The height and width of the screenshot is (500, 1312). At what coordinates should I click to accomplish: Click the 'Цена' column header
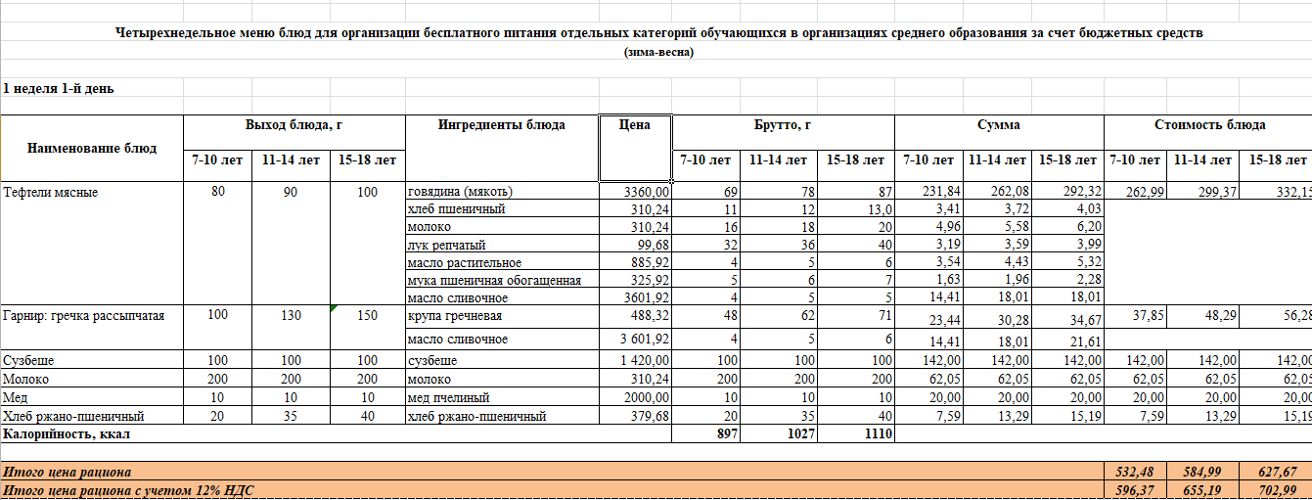pyautogui.click(x=635, y=125)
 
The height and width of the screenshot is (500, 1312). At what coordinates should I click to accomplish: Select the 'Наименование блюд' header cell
pyautogui.click(x=92, y=149)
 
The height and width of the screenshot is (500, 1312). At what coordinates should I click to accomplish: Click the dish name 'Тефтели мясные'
pyautogui.click(x=50, y=193)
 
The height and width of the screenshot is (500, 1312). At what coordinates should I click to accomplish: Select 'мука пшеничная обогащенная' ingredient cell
pyautogui.click(x=494, y=281)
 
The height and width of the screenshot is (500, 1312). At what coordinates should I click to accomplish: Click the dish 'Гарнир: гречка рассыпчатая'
pyautogui.click(x=83, y=316)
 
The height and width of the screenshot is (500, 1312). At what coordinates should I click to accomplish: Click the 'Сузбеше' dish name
pyautogui.click(x=26, y=361)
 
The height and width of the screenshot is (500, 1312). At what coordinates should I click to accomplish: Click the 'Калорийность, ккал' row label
pyautogui.click(x=67, y=433)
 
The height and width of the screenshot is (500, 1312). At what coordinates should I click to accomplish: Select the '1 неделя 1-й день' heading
pyautogui.click(x=59, y=89)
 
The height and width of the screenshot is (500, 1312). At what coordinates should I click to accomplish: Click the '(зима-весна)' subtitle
pyautogui.click(x=658, y=53)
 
